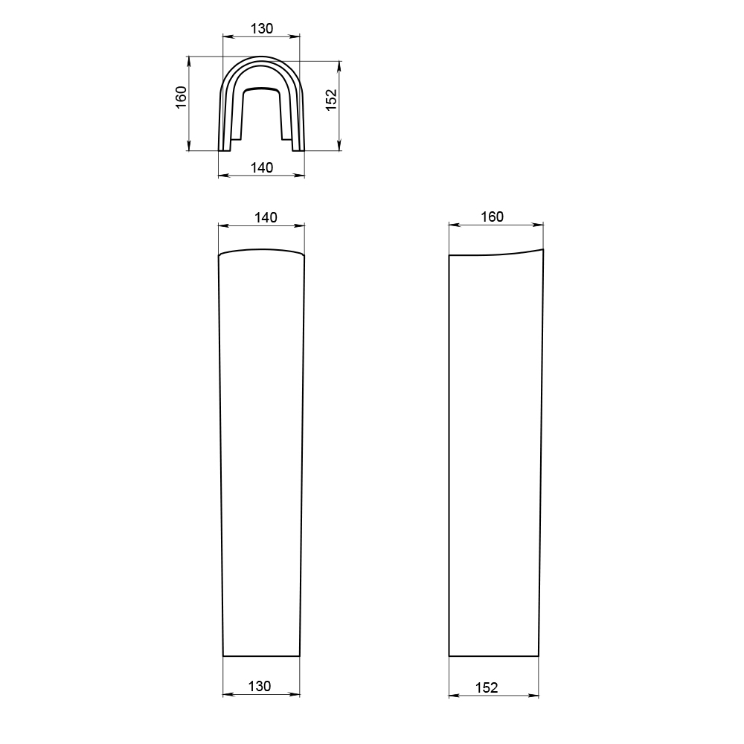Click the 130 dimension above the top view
pos(262,28)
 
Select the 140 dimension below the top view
pos(262,167)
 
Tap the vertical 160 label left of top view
pos(182,97)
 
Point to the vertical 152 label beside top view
pos(331,100)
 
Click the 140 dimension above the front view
pos(266,217)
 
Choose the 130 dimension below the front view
pos(260,686)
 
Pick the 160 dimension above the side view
pos(492,217)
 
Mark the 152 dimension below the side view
pos(487,687)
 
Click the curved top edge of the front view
pos(261,249)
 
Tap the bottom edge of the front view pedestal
pos(261,656)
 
